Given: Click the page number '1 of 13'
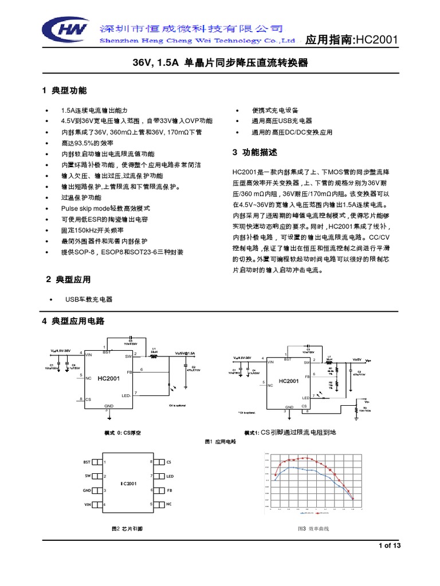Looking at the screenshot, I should click(390, 545).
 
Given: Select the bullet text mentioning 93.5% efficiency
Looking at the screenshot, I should click(88, 142).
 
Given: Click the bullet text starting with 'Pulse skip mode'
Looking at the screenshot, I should click(105, 208).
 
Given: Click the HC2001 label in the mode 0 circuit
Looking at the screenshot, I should click(109, 379).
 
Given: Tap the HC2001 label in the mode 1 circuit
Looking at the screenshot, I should click(288, 381).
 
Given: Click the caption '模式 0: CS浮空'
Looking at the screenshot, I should click(123, 433).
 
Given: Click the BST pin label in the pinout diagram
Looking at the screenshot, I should click(87, 461).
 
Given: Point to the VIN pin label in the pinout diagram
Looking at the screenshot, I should click(88, 504).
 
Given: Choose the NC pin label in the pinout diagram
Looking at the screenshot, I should click(169, 504).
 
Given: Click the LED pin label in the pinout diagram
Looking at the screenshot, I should click(170, 476).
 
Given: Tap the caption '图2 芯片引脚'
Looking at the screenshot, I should click(127, 529).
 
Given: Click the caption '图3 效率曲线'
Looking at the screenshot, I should click(313, 529).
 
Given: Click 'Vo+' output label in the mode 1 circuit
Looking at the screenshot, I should click(368, 361).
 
